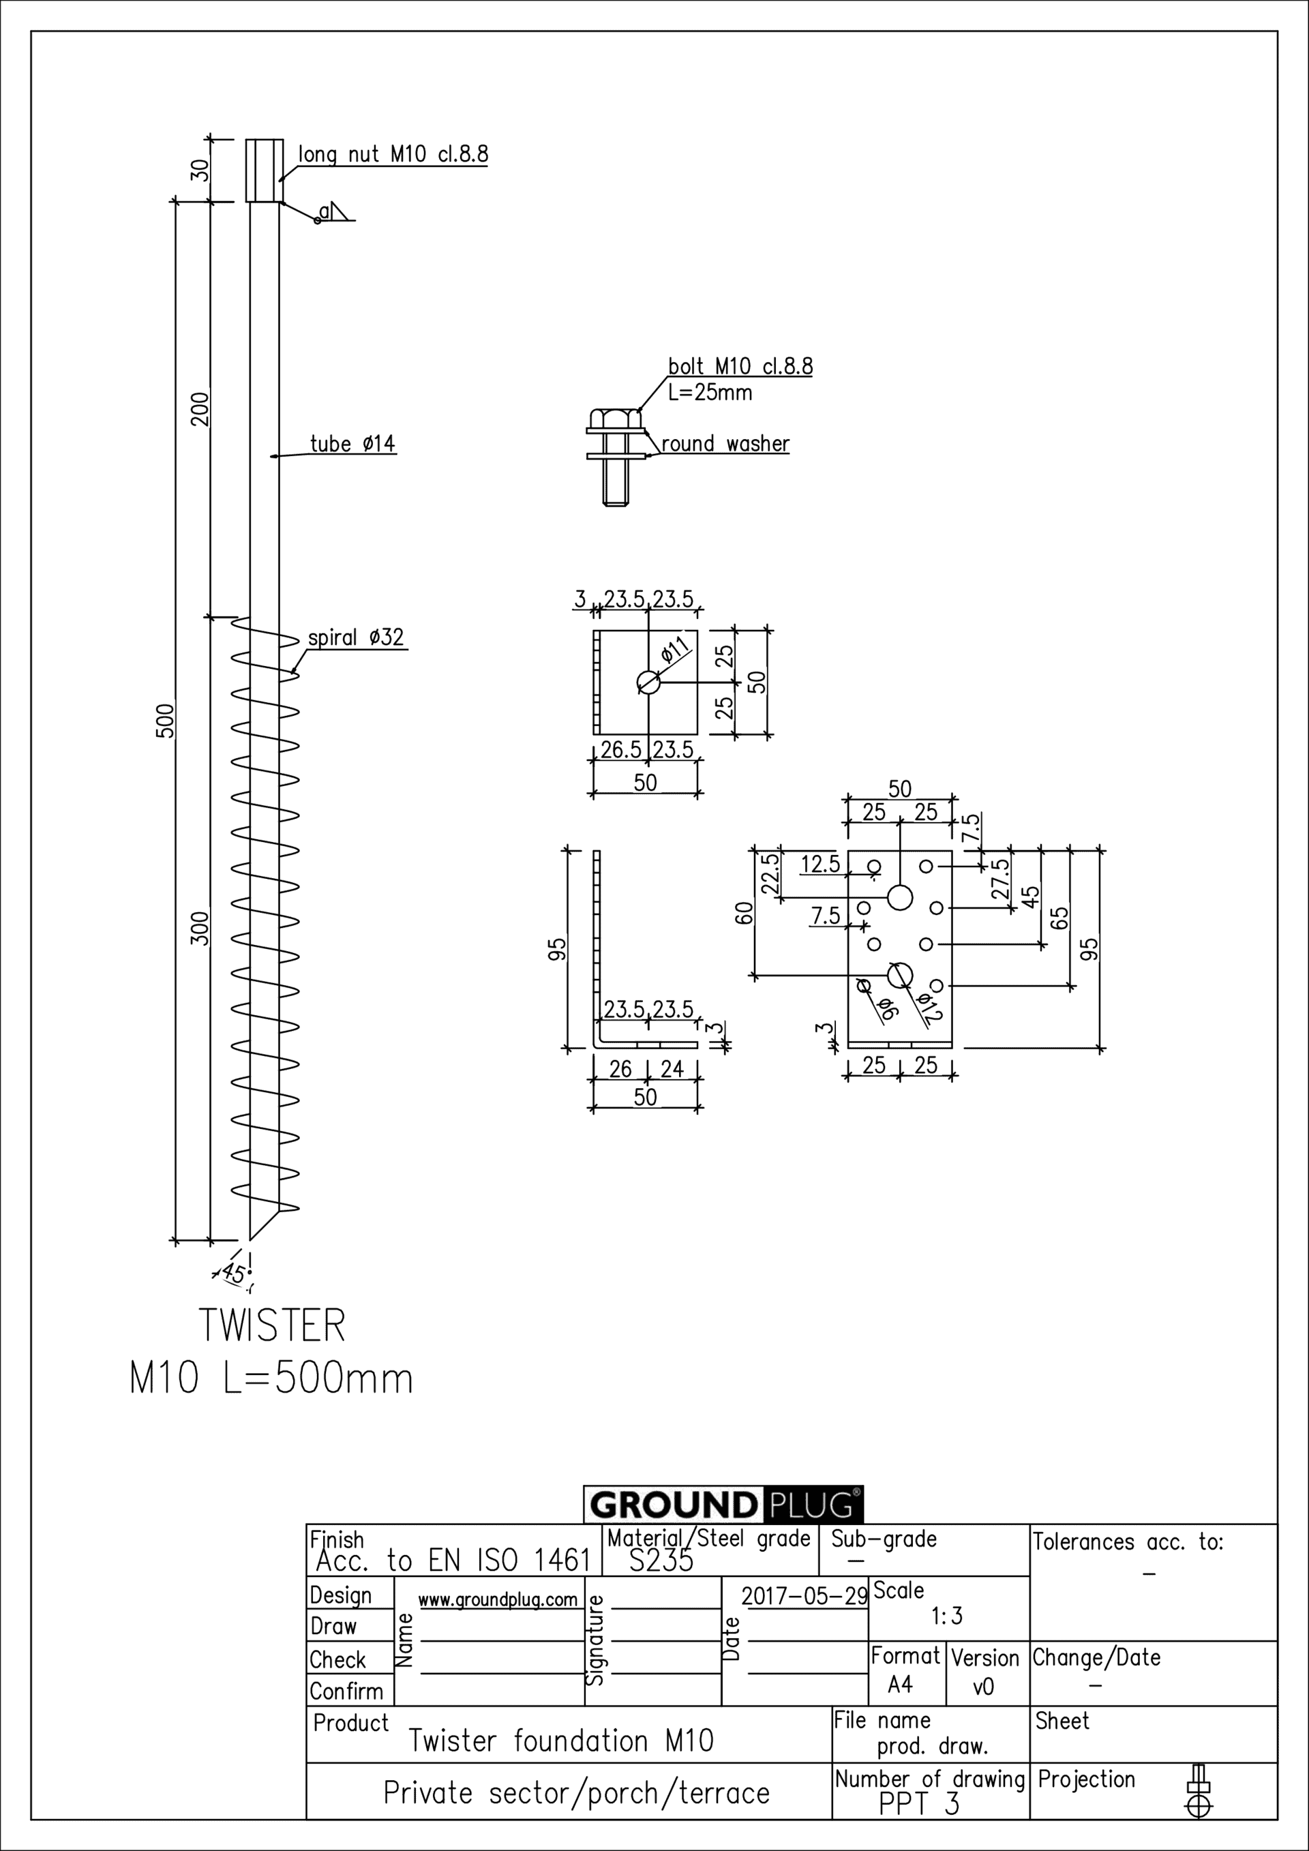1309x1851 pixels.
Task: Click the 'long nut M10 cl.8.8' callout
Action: (393, 154)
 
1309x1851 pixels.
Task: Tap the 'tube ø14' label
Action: (352, 445)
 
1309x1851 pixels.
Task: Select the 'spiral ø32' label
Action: (355, 637)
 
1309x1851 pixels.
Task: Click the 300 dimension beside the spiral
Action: (199, 928)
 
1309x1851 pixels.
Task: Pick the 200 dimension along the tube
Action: (199, 409)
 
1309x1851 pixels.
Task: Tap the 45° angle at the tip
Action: (235, 1274)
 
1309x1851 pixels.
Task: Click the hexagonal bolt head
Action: (616, 419)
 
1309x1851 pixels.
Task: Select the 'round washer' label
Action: (725, 445)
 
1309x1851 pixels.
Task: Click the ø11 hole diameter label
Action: (676, 649)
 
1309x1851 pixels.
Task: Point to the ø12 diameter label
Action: (930, 1007)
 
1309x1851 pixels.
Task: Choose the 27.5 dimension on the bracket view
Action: (1000, 879)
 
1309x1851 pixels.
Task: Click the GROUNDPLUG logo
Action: (723, 1505)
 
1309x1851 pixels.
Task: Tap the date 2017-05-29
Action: (804, 1596)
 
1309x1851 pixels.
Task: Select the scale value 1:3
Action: (946, 1616)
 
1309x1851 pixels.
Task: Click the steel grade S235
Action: (660, 1561)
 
